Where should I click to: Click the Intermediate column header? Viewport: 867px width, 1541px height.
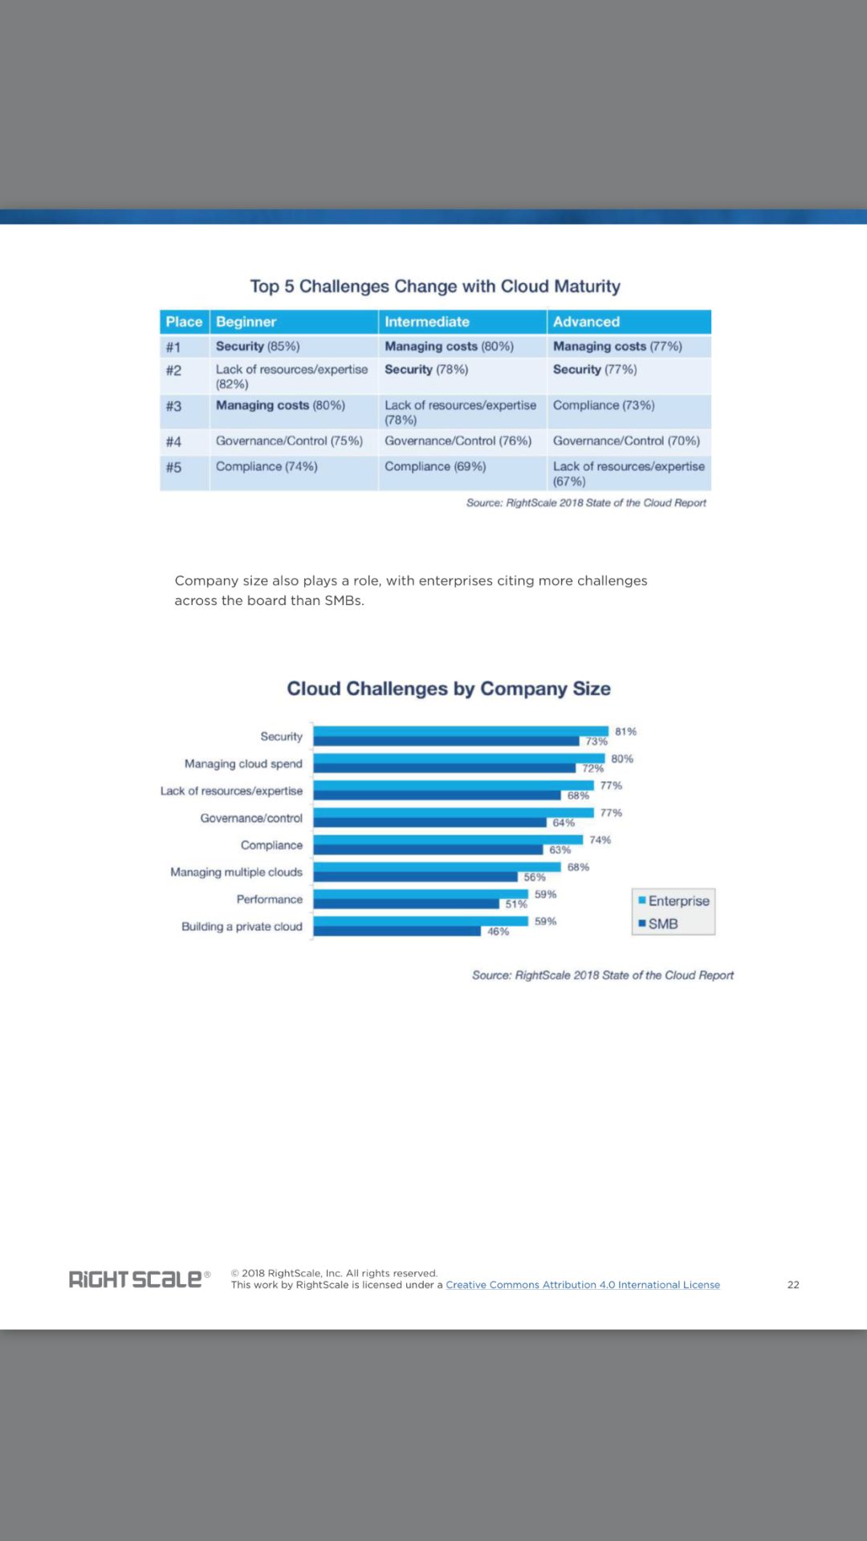[427, 322]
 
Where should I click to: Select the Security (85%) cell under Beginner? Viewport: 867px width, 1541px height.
[258, 347]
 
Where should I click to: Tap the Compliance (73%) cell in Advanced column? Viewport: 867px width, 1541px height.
[604, 405]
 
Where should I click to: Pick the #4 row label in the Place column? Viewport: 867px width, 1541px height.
[173, 441]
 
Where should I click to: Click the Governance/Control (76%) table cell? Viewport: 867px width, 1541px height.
[458, 441]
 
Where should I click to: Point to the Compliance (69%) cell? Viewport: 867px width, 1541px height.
[435, 466]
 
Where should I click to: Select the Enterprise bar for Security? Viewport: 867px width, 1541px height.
[461, 731]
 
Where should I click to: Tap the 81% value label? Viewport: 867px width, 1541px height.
[625, 732]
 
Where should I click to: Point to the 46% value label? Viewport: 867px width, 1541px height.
[498, 932]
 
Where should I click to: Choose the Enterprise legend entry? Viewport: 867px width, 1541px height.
[674, 901]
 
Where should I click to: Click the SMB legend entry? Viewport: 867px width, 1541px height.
[659, 924]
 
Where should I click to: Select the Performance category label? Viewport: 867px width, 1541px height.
[270, 900]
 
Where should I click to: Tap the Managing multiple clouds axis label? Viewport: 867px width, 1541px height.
[236, 872]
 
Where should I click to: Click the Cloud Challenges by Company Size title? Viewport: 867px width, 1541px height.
[449, 689]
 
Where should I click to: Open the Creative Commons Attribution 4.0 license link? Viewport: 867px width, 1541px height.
[583, 1285]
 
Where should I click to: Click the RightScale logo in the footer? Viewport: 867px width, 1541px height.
[136, 1279]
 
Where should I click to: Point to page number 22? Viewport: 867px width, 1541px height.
[793, 1285]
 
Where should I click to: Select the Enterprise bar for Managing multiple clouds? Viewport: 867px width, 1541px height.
[437, 867]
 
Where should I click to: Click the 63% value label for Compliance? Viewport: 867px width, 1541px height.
[560, 850]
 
